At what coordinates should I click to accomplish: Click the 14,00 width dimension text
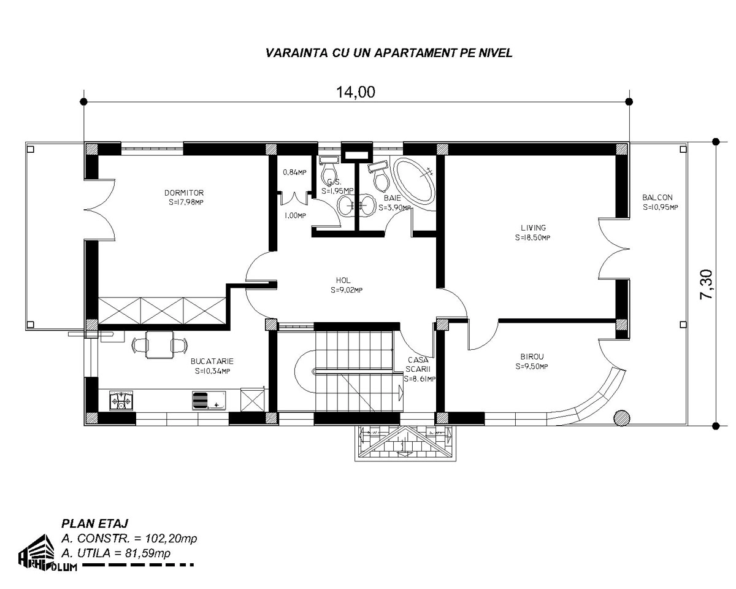pos(356,91)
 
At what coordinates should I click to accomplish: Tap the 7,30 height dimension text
pos(706,285)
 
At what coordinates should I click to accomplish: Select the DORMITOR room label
pos(184,193)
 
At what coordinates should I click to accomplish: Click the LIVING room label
pos(533,228)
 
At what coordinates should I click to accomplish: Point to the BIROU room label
pos(532,356)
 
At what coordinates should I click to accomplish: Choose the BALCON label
pos(657,198)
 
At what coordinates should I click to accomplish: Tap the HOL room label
pos(343,280)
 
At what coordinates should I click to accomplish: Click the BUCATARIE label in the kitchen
pos(212,361)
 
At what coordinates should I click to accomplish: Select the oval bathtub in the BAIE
pos(414,180)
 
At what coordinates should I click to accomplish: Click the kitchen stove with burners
pos(121,401)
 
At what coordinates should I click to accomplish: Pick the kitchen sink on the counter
pos(209,401)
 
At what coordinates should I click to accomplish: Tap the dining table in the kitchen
pos(159,345)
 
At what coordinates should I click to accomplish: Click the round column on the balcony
pos(621,418)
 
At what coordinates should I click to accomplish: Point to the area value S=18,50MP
pos(532,237)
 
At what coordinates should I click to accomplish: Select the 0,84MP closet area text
pos(294,172)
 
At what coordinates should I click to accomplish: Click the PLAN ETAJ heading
pos(94,523)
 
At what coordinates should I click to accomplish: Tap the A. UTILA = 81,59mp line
pos(116,553)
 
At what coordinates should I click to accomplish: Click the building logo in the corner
pos(47,553)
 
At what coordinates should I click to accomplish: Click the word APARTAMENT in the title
pos(416,53)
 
